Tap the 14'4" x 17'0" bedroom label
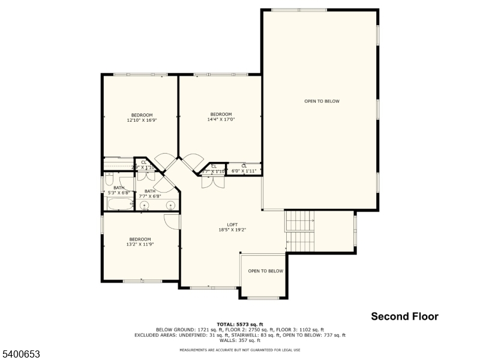click(221, 116)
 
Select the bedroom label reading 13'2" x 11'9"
click(140, 242)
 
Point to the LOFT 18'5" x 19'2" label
click(232, 227)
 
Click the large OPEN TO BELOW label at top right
click(322, 101)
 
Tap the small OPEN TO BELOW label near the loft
click(265, 271)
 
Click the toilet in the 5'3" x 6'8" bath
click(109, 179)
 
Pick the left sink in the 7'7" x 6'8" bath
click(145, 206)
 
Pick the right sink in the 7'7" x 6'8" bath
click(170, 206)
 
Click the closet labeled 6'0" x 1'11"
click(244, 169)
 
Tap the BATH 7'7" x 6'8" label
click(149, 193)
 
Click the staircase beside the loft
click(299, 231)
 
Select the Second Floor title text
click(404, 316)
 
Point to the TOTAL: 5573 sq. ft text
click(240, 324)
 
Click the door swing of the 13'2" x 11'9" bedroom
click(172, 221)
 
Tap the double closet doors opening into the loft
click(211, 183)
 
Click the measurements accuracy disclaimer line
click(240, 350)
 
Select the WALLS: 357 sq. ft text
click(240, 340)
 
